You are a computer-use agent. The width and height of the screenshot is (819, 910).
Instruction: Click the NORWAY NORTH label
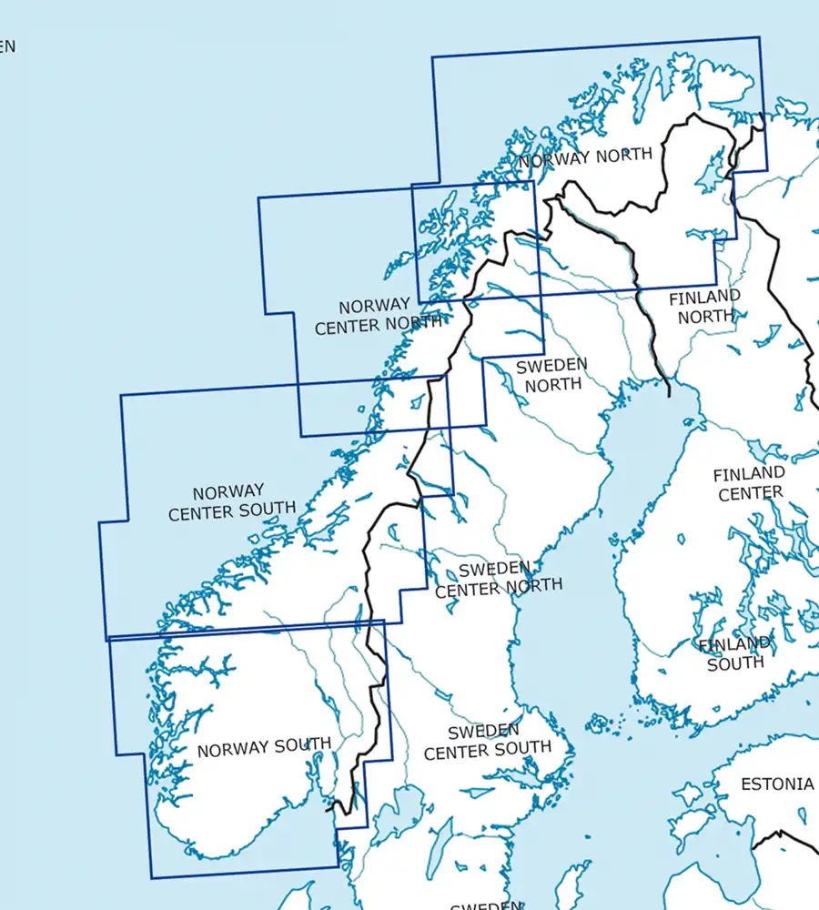(x=585, y=157)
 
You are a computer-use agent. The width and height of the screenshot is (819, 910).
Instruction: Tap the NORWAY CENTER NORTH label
(x=378, y=316)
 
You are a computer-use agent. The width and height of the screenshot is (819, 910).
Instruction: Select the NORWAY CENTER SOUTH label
(x=231, y=501)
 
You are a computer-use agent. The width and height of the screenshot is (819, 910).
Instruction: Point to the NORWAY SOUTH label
(x=264, y=748)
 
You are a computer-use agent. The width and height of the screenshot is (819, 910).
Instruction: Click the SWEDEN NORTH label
(x=552, y=374)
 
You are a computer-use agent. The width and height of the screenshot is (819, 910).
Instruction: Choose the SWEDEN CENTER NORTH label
(x=498, y=578)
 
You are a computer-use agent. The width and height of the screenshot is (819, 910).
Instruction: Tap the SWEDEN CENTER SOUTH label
(x=487, y=741)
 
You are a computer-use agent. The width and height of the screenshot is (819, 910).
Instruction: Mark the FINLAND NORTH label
(x=705, y=307)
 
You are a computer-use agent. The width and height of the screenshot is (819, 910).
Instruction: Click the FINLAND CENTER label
(x=749, y=483)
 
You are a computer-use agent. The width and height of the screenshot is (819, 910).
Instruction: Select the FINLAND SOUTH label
(x=735, y=653)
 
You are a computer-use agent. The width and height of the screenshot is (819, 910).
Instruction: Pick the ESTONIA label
(x=776, y=784)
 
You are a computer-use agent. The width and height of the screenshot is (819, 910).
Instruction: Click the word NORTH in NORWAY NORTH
(x=622, y=156)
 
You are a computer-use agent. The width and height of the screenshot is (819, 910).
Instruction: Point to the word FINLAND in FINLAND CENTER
(x=749, y=474)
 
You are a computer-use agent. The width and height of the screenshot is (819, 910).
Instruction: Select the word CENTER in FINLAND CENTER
(x=750, y=493)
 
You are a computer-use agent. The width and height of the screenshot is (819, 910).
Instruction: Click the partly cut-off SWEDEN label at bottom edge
(x=486, y=905)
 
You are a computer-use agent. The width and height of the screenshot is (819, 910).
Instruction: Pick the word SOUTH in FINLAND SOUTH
(x=735, y=663)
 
